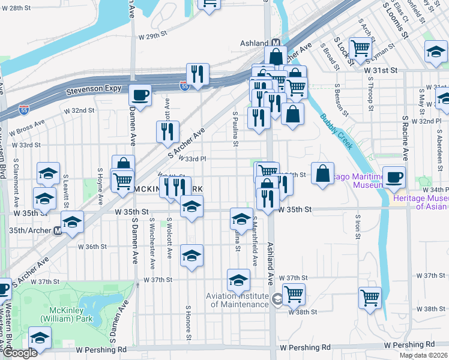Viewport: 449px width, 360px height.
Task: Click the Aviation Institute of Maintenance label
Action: pyautogui.click(x=237, y=300)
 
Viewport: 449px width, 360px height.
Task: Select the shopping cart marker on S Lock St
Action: pyautogui.click(x=360, y=47)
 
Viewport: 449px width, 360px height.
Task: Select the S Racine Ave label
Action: pyautogui.click(x=405, y=139)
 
